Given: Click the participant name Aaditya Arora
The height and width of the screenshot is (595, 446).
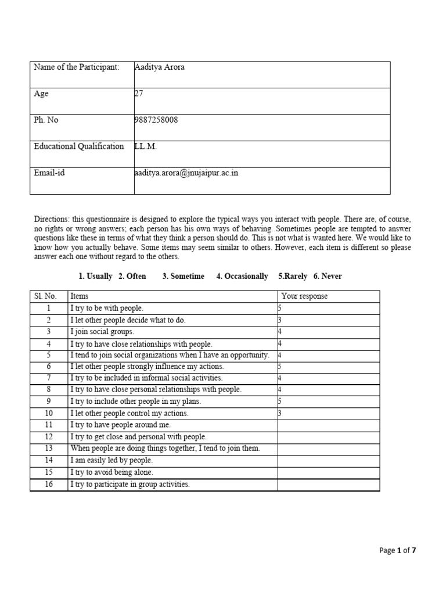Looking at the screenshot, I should (x=159, y=67).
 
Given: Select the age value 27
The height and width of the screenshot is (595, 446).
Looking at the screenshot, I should (x=138, y=93).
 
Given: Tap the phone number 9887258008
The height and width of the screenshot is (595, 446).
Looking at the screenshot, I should (x=156, y=120).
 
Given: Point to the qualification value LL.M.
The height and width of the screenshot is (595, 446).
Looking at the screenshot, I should (x=146, y=146).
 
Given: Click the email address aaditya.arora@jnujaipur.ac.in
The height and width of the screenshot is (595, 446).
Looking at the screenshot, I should (x=186, y=173).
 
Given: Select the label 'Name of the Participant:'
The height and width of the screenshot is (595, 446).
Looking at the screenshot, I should (x=76, y=67).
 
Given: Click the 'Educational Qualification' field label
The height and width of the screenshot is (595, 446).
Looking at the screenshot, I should (x=79, y=146).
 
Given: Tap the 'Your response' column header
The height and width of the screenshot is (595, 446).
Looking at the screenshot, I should (x=304, y=296).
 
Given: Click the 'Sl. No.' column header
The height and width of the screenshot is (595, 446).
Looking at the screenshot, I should (x=44, y=296).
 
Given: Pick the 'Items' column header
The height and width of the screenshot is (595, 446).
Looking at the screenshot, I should (x=80, y=296).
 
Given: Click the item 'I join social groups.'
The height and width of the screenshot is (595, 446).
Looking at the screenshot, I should (x=102, y=332).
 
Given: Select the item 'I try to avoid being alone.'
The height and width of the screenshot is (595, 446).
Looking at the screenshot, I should (x=112, y=472).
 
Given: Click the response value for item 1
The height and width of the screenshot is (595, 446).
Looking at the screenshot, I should (x=280, y=309).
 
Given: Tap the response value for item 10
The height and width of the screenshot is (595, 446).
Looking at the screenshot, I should (x=280, y=414).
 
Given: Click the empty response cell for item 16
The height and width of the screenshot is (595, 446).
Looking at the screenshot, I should (x=328, y=485).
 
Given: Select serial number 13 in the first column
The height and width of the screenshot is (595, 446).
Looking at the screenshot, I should (x=49, y=449).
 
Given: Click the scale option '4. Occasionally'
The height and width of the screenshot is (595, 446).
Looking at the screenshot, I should (x=242, y=277).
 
